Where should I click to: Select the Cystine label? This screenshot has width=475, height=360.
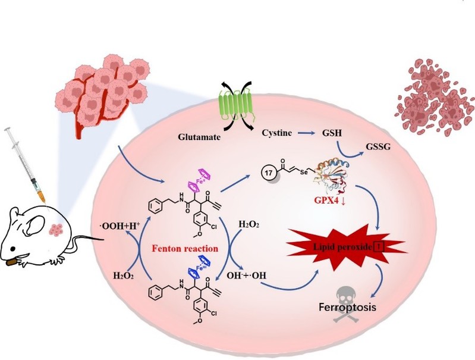276,134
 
